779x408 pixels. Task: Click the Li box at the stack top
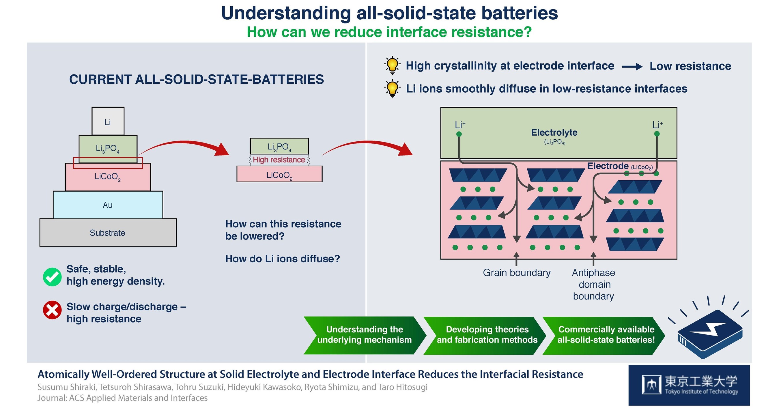[x=108, y=121]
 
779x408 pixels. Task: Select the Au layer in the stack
[x=108, y=205]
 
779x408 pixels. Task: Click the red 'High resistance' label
[x=279, y=160]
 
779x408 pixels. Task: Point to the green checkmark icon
[x=52, y=276]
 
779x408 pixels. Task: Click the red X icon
[x=52, y=310]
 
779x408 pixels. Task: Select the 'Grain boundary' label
[x=516, y=273]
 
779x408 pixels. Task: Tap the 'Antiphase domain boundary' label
[x=593, y=284]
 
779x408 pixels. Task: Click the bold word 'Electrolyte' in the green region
[x=554, y=132]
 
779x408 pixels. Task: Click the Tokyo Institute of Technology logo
[x=689, y=385]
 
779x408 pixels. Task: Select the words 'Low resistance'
[x=690, y=66]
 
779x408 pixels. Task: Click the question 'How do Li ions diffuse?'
[x=283, y=259]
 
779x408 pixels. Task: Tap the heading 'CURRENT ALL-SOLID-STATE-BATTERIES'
[x=196, y=79]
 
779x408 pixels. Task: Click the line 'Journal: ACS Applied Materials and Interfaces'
[x=122, y=398]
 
